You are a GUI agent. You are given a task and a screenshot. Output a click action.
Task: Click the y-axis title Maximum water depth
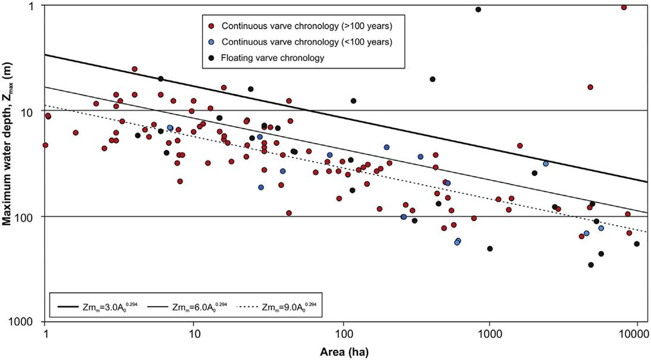click(x=8, y=161)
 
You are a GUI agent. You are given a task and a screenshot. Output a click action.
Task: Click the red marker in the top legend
click(x=211, y=26)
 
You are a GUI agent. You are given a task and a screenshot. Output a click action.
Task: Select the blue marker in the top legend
click(x=211, y=42)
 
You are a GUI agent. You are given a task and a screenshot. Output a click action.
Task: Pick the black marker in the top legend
click(x=211, y=58)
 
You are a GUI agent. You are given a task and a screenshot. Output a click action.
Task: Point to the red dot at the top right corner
click(x=624, y=7)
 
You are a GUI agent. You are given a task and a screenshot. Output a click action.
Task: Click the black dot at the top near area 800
click(x=478, y=10)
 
